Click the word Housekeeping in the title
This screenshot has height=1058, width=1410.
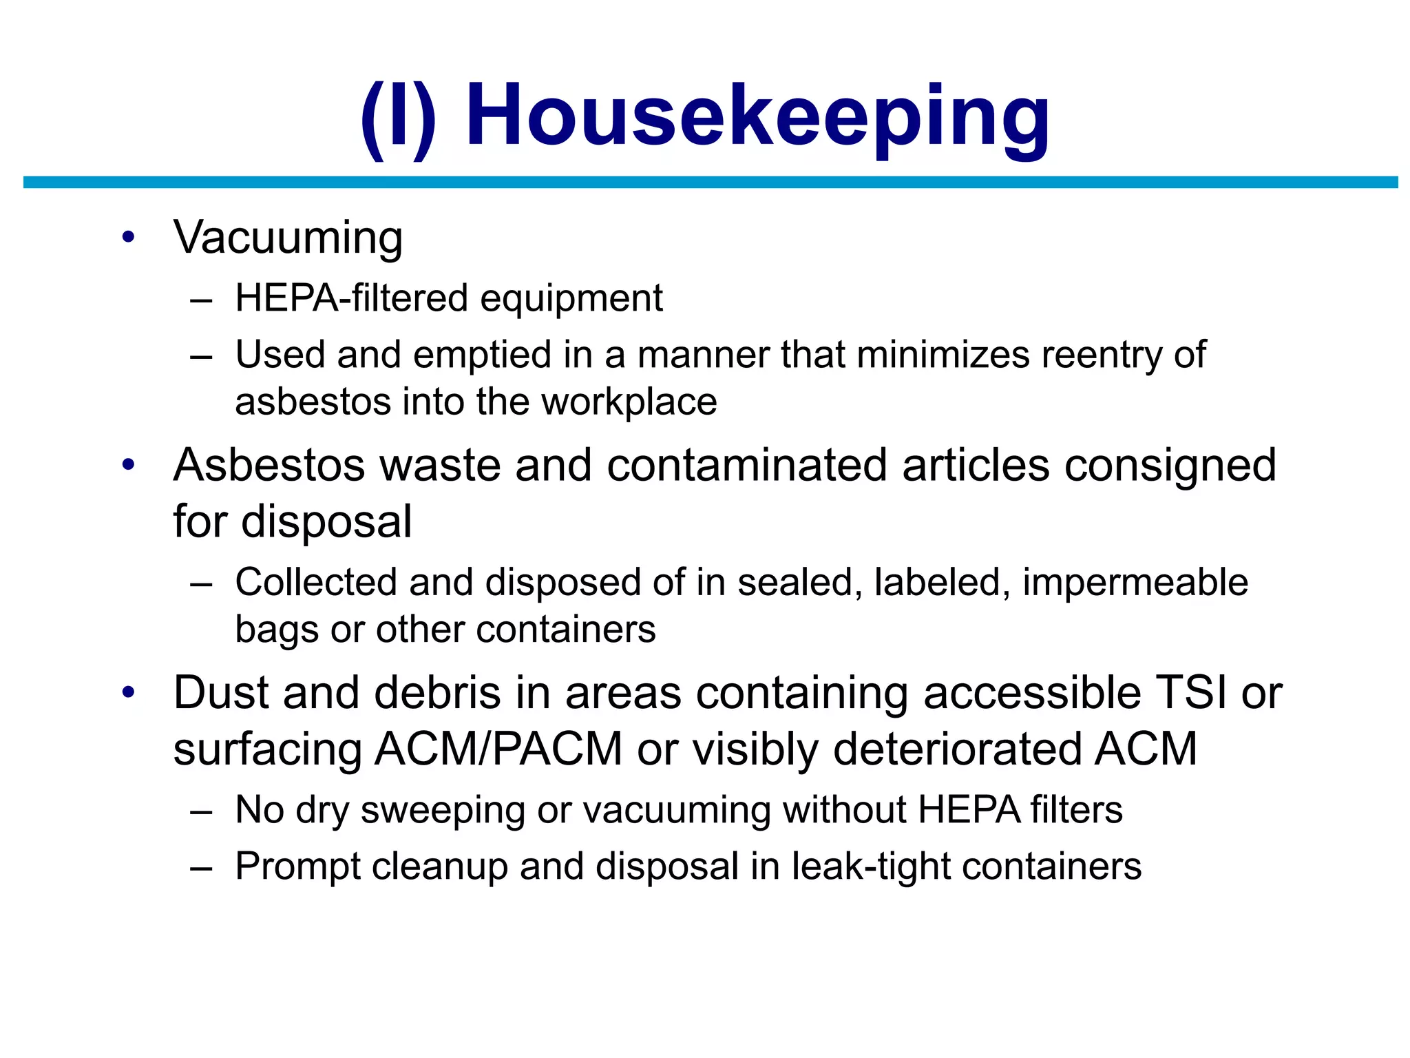pos(757,117)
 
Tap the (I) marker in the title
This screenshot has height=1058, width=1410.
pos(399,118)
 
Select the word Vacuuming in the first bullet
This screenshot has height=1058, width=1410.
pos(288,238)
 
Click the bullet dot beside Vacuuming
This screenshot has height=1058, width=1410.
pos(128,238)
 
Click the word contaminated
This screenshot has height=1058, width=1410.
pos(746,465)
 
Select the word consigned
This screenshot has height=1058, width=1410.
pos(1170,466)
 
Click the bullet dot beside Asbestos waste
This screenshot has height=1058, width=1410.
pos(128,465)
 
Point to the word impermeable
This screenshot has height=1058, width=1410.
pos(1135,583)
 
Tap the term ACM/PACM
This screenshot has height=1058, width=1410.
pos(498,749)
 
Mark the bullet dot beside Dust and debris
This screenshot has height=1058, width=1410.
pos(128,692)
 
